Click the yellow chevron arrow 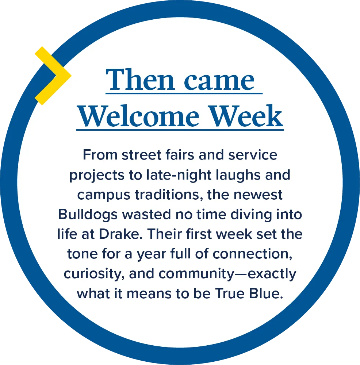coord(55,75)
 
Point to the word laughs coord(234,176)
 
